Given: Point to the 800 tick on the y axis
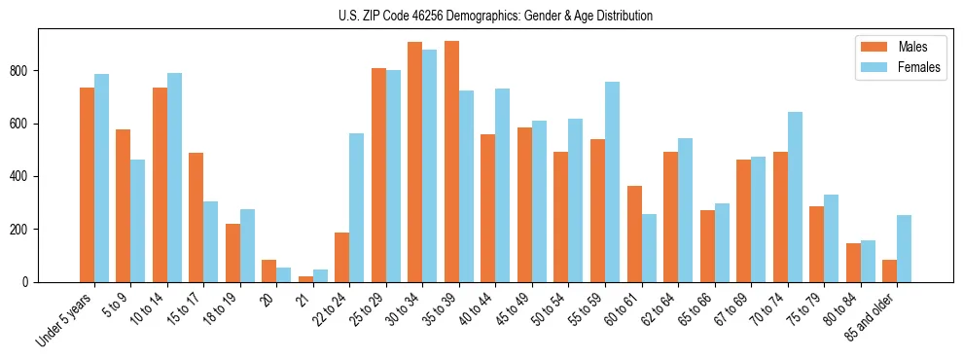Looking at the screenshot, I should [x=27, y=71].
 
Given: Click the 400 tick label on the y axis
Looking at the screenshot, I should [x=27, y=176].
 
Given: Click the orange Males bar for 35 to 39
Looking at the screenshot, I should [x=451, y=162].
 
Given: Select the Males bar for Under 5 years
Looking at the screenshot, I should [x=87, y=185].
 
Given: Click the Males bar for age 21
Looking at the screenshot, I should [x=305, y=279].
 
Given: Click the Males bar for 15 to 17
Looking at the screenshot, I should [x=196, y=217].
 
